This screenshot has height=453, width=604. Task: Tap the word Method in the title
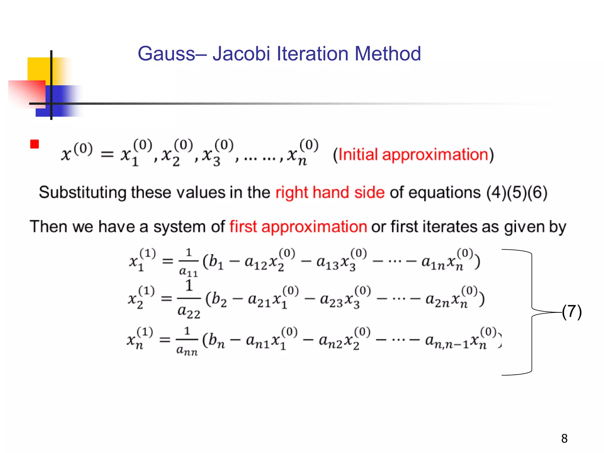[388, 54]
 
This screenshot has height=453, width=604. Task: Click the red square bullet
[35, 144]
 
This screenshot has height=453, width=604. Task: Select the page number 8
[564, 439]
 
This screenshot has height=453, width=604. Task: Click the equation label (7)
[572, 312]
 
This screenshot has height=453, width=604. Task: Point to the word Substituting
[82, 193]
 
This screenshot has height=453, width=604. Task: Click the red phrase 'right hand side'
[330, 193]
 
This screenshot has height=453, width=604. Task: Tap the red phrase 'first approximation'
[298, 227]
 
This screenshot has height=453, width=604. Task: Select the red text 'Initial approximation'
[413, 155]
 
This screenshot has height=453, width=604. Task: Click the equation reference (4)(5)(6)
[517, 193]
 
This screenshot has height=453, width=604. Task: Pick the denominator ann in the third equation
[187, 351]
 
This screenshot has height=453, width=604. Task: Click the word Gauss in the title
[167, 54]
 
